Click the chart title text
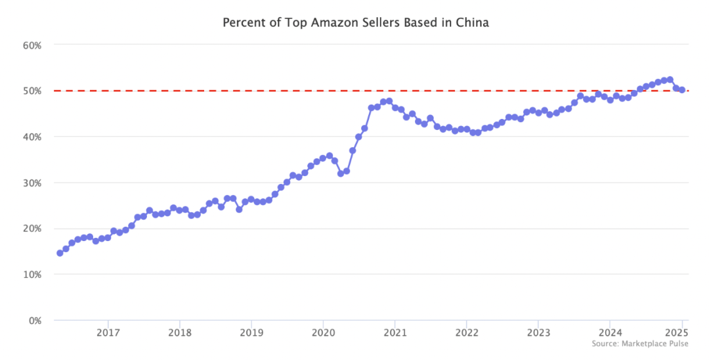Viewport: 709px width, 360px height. [355, 22]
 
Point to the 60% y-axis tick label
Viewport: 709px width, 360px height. [32, 45]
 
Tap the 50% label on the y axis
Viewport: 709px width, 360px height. [32, 91]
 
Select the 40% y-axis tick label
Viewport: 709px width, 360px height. [32, 137]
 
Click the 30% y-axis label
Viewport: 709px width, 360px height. [32, 183]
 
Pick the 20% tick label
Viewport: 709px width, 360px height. [32, 229]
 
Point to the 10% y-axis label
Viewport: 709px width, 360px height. [32, 275]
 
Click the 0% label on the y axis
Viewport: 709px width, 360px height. [35, 321]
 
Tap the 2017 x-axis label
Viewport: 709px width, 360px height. [108, 332]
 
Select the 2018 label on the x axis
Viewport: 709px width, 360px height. [179, 332]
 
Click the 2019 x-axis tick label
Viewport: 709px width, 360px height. [251, 332]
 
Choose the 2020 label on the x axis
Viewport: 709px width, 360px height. [322, 332]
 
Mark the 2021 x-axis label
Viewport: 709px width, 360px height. [395, 332]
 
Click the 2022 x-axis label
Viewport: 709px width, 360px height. [466, 332]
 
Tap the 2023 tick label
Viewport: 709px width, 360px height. [538, 332]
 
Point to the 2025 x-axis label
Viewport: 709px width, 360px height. [681, 332]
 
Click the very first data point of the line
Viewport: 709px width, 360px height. [60, 253]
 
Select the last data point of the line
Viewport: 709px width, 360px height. [682, 90]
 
